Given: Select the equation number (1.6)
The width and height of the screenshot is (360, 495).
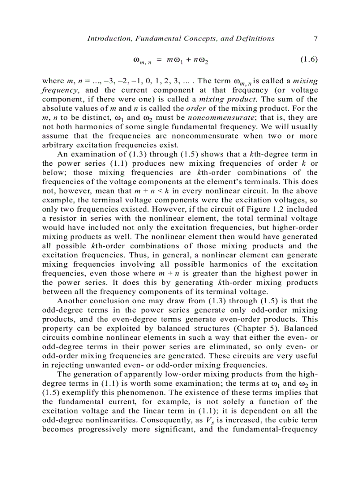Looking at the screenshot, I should coord(308,59).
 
